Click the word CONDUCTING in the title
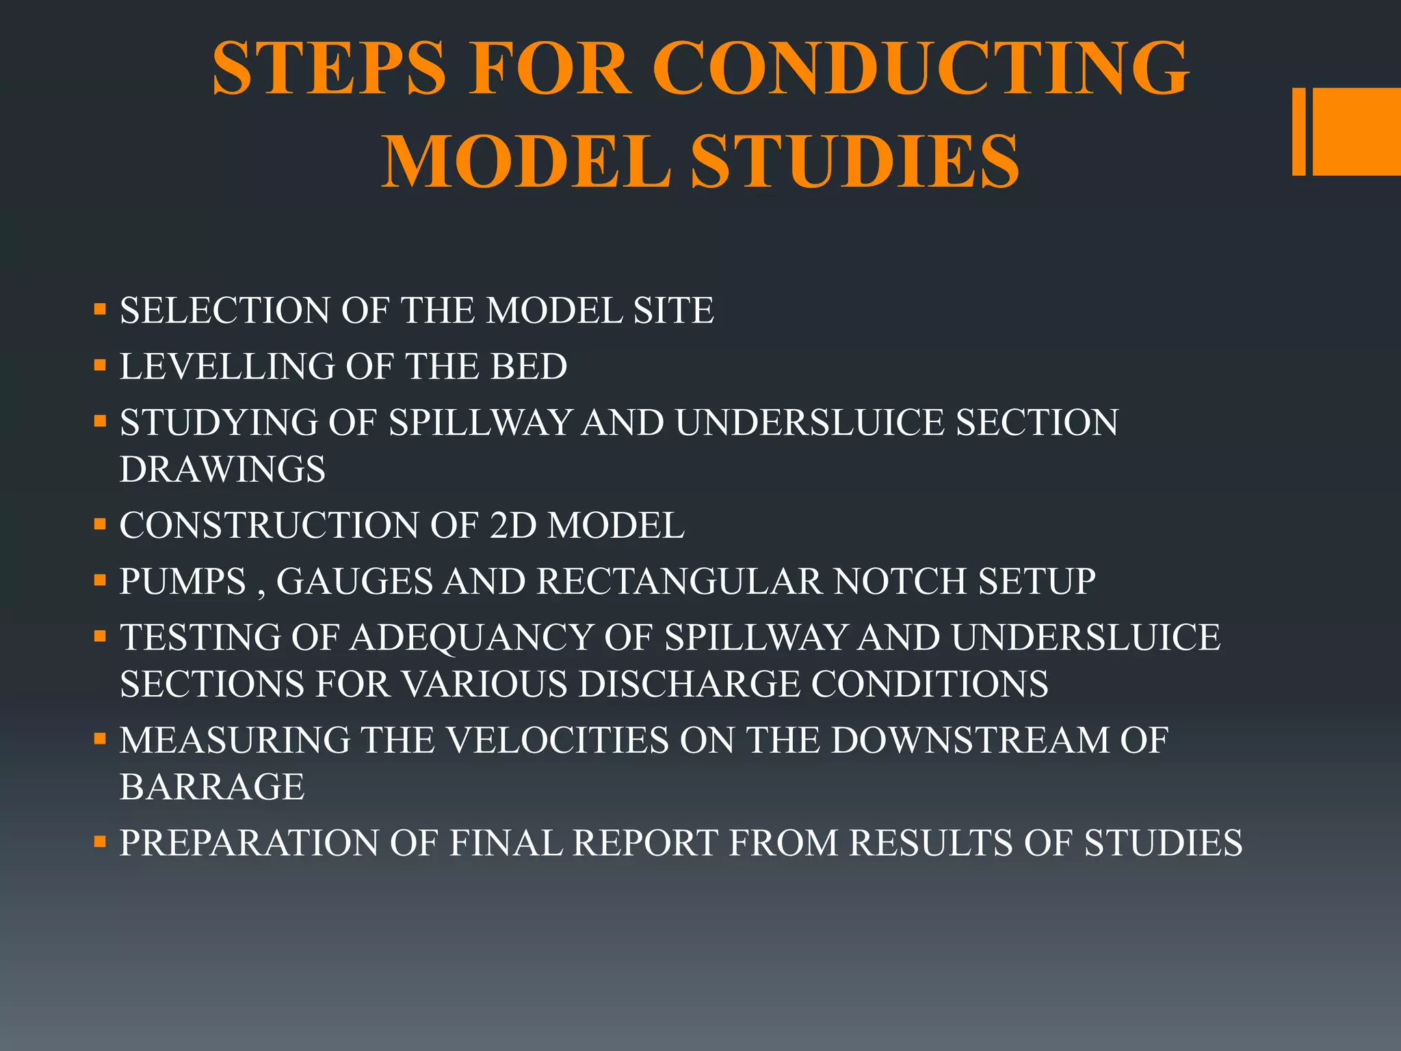tap(921, 68)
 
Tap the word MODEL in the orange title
tap(525, 161)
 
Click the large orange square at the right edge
tap(1356, 131)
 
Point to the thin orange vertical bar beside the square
tap(1298, 131)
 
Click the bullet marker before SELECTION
tap(101, 309)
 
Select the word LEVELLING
tap(227, 366)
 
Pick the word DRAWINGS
tap(222, 469)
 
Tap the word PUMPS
tap(183, 582)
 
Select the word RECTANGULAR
tap(679, 582)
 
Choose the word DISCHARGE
tap(689, 684)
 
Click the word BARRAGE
tap(212, 787)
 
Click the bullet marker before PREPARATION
tap(101, 842)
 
